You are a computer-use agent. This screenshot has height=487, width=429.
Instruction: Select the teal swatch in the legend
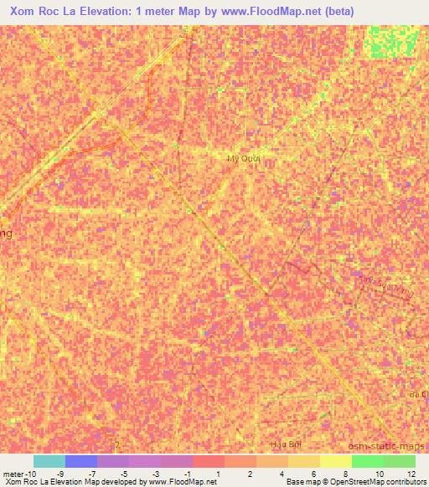tap(49, 461)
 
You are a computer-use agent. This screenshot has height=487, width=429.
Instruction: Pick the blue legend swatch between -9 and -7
tap(80, 461)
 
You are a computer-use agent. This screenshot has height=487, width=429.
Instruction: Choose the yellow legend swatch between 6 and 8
tap(304, 461)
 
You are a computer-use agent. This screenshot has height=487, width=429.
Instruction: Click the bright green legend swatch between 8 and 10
tap(368, 461)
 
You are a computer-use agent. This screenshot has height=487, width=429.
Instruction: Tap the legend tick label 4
tap(282, 474)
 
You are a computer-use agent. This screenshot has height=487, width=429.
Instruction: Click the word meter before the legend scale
tap(14, 474)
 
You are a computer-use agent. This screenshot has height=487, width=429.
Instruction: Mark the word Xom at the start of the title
tap(23, 12)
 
